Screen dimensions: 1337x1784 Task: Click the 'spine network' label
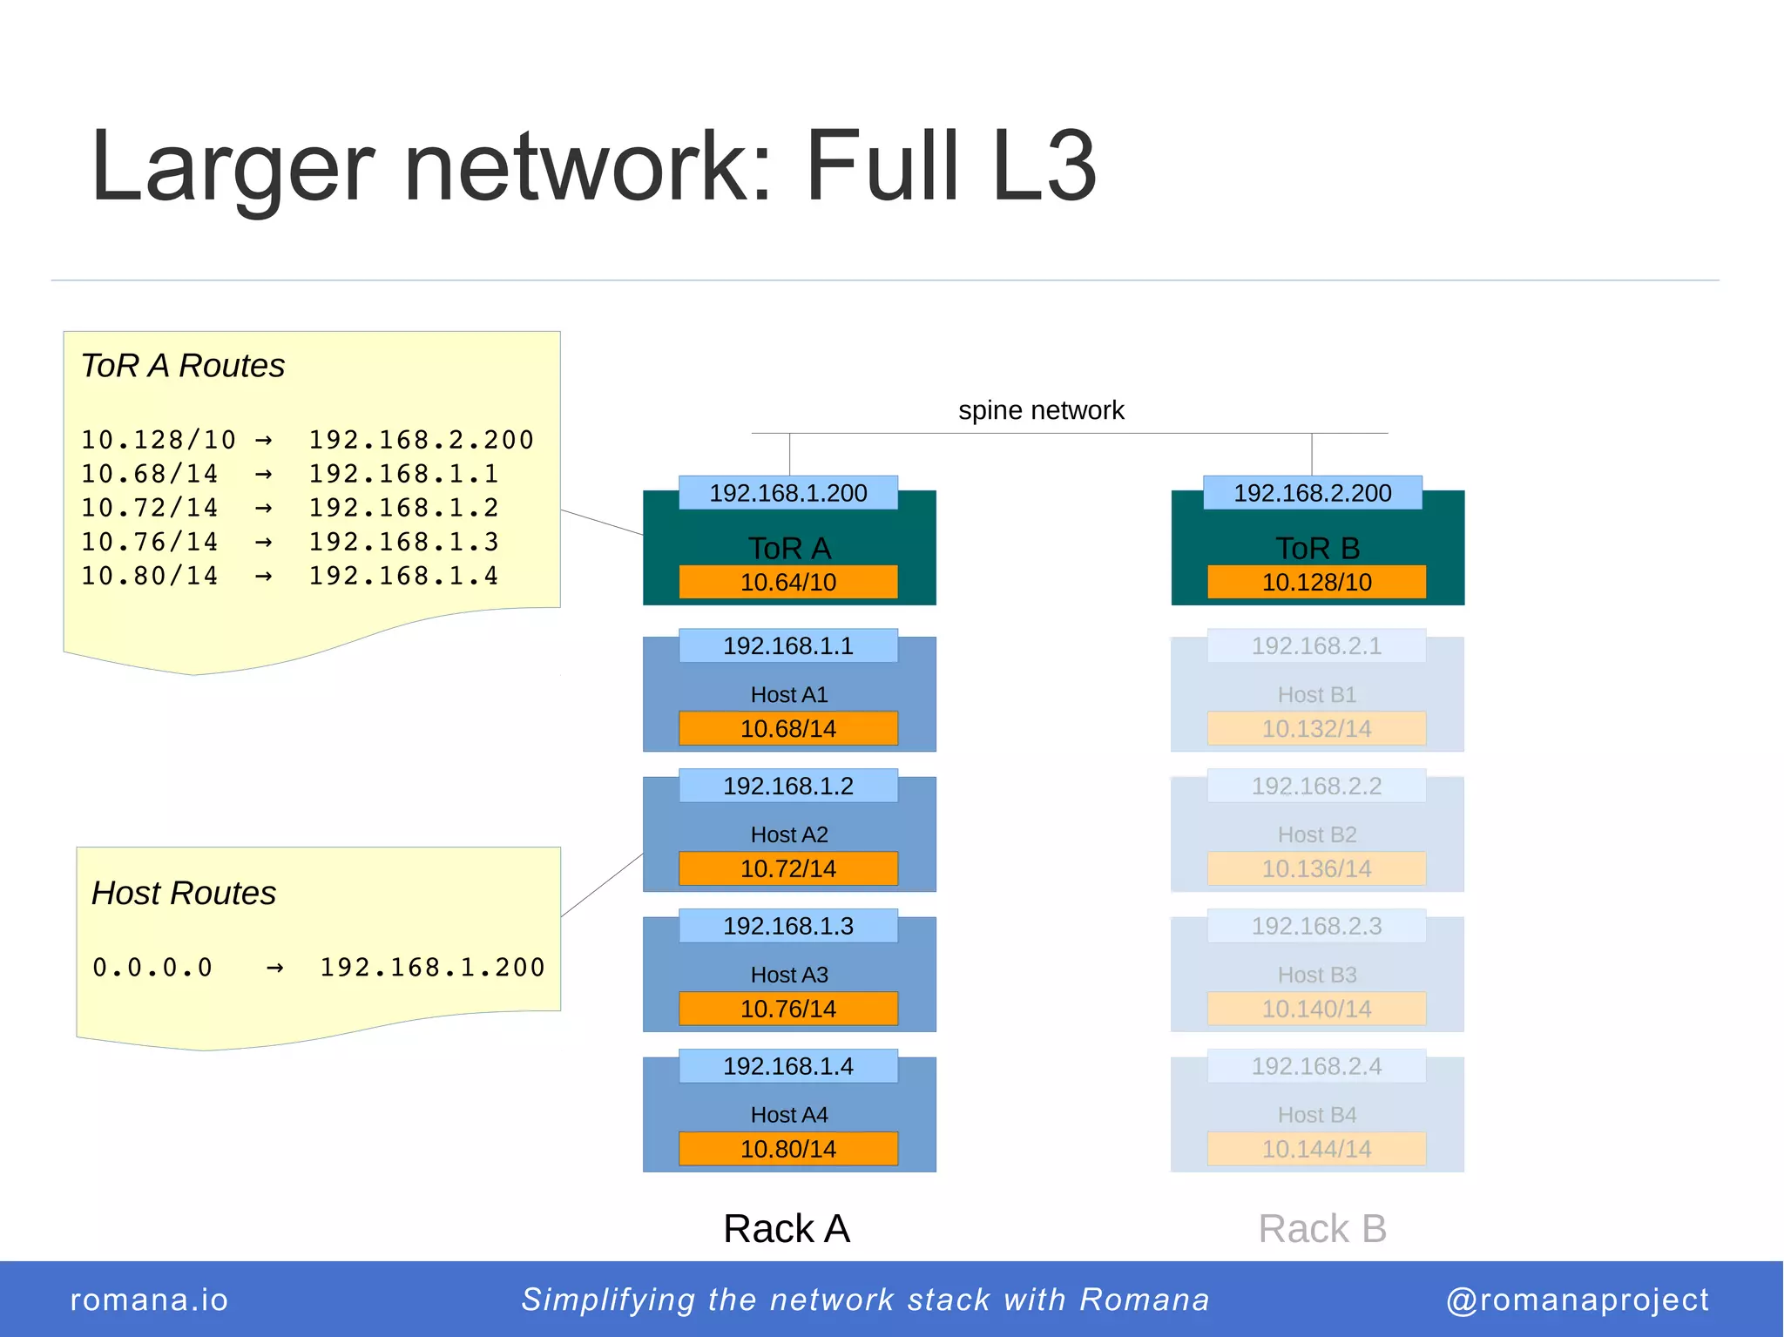1040,410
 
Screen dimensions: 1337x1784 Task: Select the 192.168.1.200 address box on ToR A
787,493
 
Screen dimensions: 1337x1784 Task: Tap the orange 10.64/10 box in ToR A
787,582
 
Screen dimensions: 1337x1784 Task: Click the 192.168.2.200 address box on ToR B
1312,493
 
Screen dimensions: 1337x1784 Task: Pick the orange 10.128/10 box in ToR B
1316,582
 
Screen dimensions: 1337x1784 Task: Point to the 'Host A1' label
788,695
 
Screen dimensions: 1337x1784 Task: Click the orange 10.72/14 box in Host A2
787,868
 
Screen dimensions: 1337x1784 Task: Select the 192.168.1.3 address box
787,926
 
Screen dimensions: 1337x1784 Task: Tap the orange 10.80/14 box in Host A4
787,1149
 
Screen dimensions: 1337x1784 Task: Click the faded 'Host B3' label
1316,975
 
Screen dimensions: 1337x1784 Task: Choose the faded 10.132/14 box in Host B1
1316,728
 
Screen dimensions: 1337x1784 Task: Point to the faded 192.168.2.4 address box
1316,1066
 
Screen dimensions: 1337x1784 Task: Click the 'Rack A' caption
786,1229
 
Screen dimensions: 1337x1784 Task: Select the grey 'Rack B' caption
1321,1229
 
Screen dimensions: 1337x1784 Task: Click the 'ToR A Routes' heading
183,366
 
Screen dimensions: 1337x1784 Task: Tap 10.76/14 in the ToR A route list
150,542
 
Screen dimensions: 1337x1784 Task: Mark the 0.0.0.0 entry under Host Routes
152,968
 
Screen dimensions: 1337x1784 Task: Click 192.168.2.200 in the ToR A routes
421,440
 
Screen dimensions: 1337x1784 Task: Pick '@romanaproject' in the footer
1577,1300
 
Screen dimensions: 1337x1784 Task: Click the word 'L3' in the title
1043,165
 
